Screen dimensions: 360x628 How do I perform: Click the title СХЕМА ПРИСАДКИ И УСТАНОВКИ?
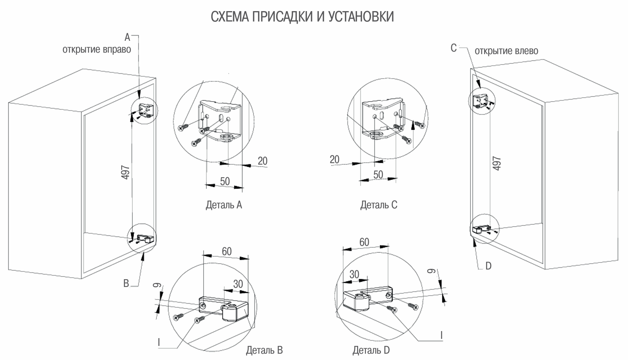pos(302,17)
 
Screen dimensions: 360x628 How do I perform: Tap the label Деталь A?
pos(224,205)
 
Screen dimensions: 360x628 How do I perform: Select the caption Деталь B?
pos(264,350)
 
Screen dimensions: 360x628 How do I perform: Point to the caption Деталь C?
pos(379,205)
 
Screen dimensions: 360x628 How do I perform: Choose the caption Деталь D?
pos(371,350)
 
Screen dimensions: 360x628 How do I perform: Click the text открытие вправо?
pos(97,50)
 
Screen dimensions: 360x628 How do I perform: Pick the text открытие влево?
pos(506,51)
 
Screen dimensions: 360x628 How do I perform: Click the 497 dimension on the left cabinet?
pos(126,172)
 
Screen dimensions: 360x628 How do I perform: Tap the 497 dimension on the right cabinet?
pos(497,163)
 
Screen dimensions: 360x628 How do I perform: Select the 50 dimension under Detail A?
pos(225,181)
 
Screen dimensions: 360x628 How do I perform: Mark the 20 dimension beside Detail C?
pos(334,159)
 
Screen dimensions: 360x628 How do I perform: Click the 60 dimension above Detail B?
pos(227,251)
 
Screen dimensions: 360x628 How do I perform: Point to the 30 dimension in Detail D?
pos(354,274)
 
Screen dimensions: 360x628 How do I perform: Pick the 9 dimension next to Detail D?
pos(430,272)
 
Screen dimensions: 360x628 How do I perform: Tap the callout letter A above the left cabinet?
pos(127,37)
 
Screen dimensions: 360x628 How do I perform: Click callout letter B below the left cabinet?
pos(126,284)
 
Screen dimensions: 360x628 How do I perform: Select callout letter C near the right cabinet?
pos(453,48)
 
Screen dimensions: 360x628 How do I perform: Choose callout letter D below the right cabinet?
pos(488,266)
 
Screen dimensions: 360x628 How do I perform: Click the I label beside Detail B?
pos(159,342)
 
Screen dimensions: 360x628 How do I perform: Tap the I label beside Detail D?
pos(441,336)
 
